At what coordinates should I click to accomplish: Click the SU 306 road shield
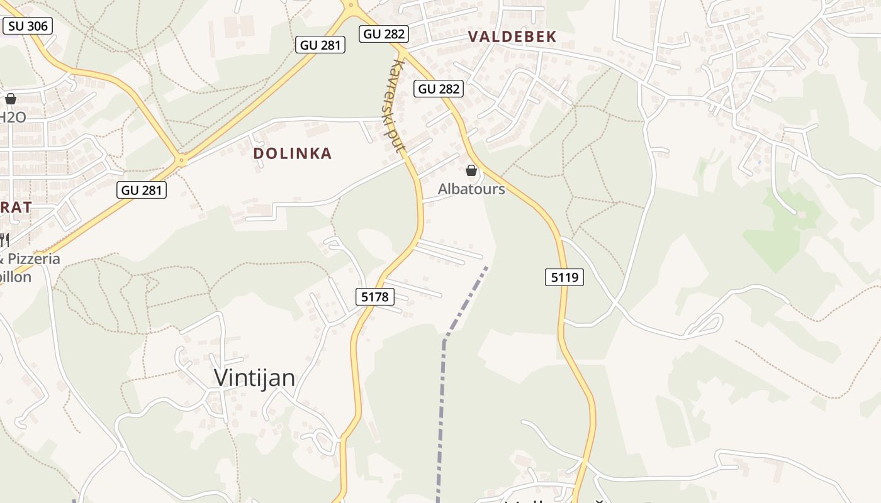(x=28, y=25)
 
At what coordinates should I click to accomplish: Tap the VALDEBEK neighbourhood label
(x=512, y=37)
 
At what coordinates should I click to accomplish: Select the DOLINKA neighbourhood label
(x=292, y=153)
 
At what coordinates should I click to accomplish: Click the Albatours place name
(x=471, y=189)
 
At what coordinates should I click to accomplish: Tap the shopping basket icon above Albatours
(x=471, y=170)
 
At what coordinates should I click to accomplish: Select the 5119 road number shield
(x=564, y=277)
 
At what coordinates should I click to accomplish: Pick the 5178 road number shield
(x=376, y=297)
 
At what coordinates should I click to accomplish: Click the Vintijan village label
(x=254, y=377)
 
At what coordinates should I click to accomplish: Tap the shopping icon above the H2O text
(x=11, y=99)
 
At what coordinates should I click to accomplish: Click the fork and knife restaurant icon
(x=3, y=240)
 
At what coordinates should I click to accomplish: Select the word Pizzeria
(x=35, y=258)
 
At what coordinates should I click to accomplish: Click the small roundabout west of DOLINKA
(x=182, y=160)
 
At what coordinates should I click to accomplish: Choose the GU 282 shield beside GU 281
(x=384, y=34)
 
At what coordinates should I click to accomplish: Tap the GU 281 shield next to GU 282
(x=320, y=45)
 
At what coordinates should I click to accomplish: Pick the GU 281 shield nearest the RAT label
(x=142, y=190)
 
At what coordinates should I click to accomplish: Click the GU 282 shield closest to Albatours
(x=439, y=89)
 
